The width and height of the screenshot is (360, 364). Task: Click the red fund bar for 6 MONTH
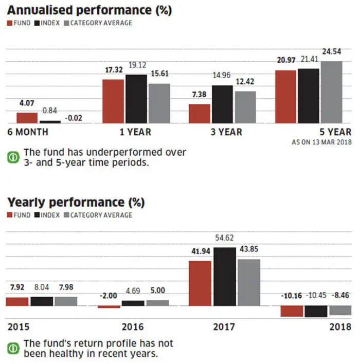pyautogui.click(x=27, y=118)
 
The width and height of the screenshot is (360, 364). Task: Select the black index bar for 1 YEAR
pyautogui.click(x=136, y=99)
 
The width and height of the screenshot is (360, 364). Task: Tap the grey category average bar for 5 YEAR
pyautogui.click(x=331, y=92)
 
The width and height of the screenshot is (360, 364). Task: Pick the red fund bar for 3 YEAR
pyautogui.click(x=200, y=114)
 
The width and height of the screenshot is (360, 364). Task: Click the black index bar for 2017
pyautogui.click(x=224, y=277)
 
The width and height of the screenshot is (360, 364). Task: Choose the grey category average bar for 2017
pyautogui.click(x=249, y=282)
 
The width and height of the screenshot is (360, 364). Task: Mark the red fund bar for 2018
pyautogui.click(x=292, y=311)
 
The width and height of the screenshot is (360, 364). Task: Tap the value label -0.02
pyautogui.click(x=74, y=118)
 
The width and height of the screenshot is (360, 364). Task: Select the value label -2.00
pyautogui.click(x=109, y=295)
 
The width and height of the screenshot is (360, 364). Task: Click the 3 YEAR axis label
pyautogui.click(x=226, y=132)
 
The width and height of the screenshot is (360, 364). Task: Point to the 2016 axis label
pyautogui.click(x=133, y=327)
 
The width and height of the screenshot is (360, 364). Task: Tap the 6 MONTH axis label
pyautogui.click(x=28, y=132)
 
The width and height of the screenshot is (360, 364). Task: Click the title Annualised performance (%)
pyautogui.click(x=89, y=9)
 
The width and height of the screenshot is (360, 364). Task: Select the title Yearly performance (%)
pyautogui.click(x=76, y=202)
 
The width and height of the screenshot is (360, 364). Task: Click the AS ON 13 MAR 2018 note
pyautogui.click(x=322, y=141)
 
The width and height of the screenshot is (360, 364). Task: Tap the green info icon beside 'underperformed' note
pyautogui.click(x=13, y=157)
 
